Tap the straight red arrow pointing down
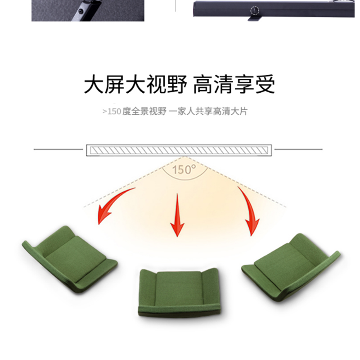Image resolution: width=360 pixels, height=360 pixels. click(x=177, y=215)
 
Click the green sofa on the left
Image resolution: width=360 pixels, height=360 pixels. click(x=70, y=260)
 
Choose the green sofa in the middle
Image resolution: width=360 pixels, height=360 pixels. click(x=180, y=293)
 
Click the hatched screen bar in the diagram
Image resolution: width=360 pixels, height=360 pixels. click(x=179, y=150)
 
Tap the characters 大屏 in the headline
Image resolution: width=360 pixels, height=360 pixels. click(x=104, y=84)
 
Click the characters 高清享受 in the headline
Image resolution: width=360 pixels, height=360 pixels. click(x=234, y=84)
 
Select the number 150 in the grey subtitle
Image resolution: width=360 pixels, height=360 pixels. click(x=114, y=112)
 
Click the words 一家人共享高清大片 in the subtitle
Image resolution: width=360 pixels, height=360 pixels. click(x=208, y=112)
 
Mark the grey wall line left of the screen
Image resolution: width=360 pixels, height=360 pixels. click(x=58, y=149)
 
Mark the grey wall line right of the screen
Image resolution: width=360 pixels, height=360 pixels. click(x=298, y=149)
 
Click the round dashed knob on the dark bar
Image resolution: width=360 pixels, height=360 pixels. click(x=254, y=10)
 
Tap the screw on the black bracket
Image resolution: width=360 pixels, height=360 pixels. click(x=80, y=11)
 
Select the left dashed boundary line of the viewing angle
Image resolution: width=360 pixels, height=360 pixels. click(x=133, y=182)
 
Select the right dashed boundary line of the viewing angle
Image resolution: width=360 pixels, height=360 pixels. click(x=235, y=182)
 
